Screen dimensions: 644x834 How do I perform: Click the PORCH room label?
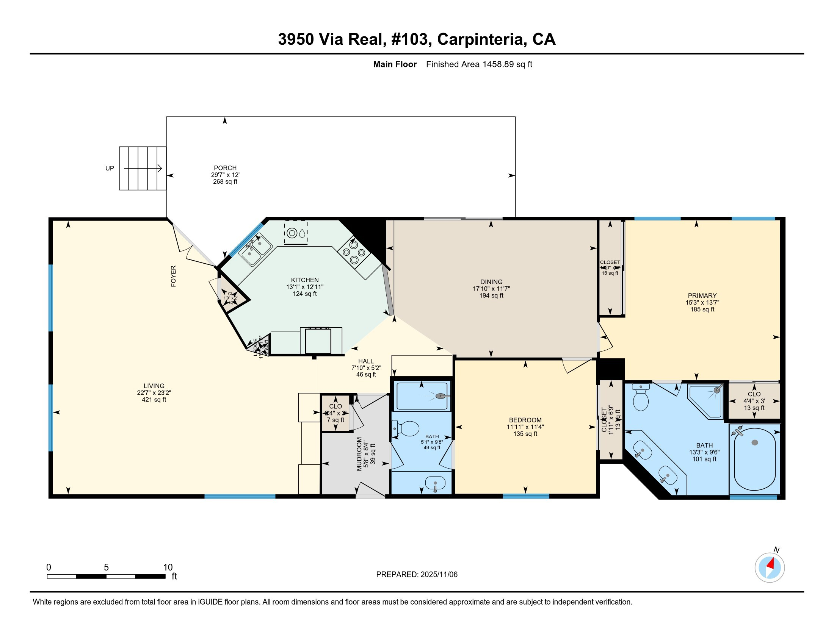225,168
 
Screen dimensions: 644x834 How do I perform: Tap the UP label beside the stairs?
110,168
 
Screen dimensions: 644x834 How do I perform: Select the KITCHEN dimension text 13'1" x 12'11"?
304,287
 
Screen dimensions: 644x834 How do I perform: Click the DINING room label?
491,282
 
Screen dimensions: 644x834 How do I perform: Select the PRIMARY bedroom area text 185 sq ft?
702,309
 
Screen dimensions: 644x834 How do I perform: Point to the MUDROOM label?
359,454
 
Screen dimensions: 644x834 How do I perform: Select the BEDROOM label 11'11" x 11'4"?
525,427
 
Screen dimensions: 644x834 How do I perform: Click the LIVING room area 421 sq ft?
154,400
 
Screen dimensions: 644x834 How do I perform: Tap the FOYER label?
173,276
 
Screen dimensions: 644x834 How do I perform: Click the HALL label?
365,361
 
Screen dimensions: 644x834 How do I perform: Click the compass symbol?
770,567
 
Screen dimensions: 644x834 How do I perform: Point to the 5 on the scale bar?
106,567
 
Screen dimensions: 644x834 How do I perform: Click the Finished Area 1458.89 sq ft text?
479,64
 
